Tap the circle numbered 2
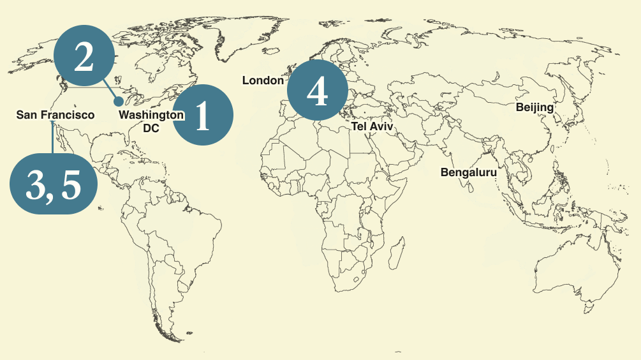click(84, 58)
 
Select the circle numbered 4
click(317, 91)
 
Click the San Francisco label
click(55, 115)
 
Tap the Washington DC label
click(151, 121)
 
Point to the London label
click(263, 80)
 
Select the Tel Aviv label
click(372, 127)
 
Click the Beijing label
click(534, 107)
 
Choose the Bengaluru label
click(468, 172)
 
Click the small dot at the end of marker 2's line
click(119, 101)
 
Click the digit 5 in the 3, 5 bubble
click(72, 184)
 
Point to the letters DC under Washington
click(151, 128)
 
